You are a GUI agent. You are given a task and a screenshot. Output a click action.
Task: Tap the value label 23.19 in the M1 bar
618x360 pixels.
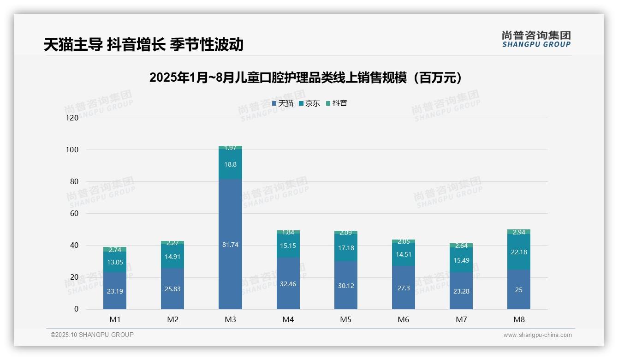click(115, 291)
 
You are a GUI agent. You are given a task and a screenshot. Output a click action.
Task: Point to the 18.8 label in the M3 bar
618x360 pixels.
click(230, 164)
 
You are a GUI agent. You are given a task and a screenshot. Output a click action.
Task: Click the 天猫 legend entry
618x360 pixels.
click(283, 103)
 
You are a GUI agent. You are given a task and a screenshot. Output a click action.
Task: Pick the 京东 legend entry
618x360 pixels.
click(309, 103)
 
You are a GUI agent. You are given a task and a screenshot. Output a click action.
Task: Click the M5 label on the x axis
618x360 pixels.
click(345, 319)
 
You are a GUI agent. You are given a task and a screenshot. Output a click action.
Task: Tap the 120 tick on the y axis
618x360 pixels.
click(72, 118)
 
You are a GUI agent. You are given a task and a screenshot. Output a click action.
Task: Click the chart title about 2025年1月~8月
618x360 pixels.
click(306, 78)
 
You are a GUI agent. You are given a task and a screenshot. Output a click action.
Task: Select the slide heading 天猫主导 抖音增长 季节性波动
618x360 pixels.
click(143, 44)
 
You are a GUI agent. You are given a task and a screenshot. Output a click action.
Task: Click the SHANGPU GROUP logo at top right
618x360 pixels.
click(536, 39)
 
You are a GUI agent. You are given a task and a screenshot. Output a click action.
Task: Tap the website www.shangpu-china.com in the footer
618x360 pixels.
click(537, 335)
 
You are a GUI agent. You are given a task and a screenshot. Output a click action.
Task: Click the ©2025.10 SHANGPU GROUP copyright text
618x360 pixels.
click(92, 335)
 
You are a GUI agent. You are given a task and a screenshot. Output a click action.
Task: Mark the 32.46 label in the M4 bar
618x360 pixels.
click(288, 284)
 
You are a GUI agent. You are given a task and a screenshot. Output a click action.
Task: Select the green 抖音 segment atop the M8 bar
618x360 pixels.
click(518, 232)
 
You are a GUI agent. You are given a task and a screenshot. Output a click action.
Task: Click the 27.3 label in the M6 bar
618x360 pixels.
click(404, 288)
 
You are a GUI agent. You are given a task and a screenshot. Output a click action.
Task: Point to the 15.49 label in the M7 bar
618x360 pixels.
click(461, 260)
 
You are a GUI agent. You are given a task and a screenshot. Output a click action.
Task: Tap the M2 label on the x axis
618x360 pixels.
click(172, 319)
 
